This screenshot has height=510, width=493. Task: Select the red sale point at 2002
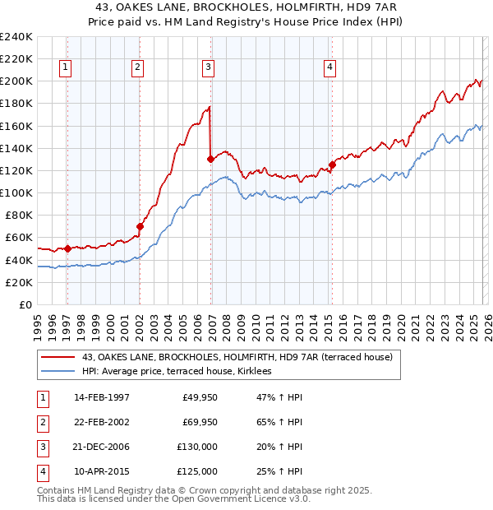coord(140,226)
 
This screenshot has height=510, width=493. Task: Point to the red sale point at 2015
coord(332,165)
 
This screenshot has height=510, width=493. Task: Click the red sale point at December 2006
coord(211,159)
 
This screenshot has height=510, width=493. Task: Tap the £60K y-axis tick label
coord(18,237)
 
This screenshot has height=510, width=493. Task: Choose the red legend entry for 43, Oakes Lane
coord(237,357)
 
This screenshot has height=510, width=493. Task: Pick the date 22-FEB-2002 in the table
coord(102,422)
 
